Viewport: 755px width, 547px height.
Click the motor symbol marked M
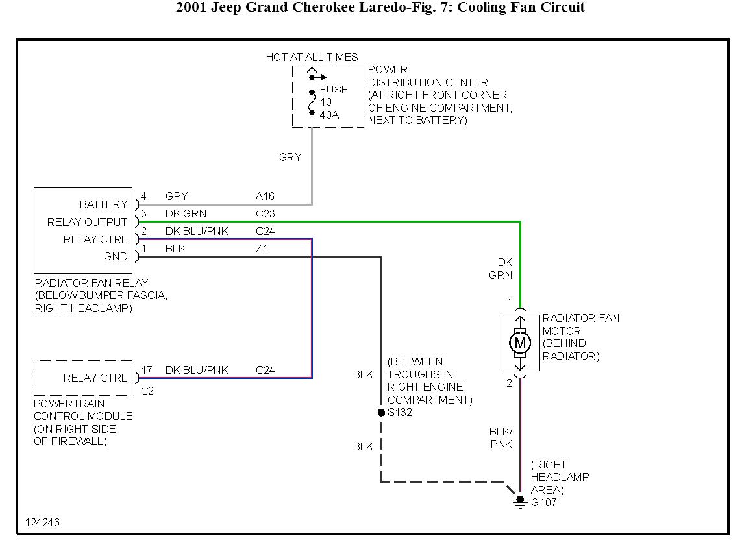(x=519, y=342)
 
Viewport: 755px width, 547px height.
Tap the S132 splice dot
(x=381, y=413)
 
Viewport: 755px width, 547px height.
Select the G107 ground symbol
(x=519, y=502)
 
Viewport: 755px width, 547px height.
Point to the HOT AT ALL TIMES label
(x=312, y=57)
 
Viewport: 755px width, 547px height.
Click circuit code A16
(x=265, y=196)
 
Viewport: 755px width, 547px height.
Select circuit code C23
(x=265, y=213)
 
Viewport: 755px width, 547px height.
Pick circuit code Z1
(x=262, y=249)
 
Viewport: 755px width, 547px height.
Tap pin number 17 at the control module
(x=147, y=370)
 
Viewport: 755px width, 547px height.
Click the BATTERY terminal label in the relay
(x=103, y=204)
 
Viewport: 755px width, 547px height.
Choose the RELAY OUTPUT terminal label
(x=87, y=222)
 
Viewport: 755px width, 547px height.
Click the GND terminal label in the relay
(x=116, y=256)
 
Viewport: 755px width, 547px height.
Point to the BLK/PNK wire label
(x=501, y=437)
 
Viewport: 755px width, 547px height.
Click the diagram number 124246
(x=43, y=522)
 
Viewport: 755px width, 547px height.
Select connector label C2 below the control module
(x=147, y=391)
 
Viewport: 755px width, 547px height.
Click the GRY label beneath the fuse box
(x=290, y=157)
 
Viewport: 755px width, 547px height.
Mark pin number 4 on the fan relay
(x=143, y=196)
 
